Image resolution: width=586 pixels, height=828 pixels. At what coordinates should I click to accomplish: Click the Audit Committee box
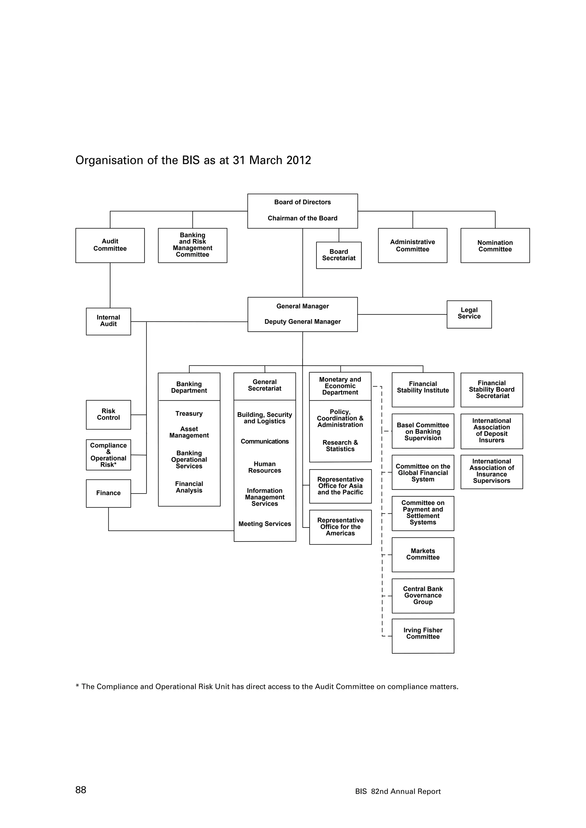click(x=110, y=245)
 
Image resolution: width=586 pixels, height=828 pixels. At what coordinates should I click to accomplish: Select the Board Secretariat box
click(x=338, y=255)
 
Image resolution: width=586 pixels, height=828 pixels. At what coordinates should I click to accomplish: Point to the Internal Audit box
click(x=108, y=321)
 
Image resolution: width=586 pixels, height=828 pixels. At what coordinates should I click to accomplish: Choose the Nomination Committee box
click(x=495, y=246)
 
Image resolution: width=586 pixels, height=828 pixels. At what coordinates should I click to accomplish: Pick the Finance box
click(x=108, y=493)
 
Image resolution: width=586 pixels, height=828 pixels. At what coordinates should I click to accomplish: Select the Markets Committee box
click(x=423, y=554)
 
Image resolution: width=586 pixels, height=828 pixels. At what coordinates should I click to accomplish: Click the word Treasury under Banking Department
click(x=189, y=414)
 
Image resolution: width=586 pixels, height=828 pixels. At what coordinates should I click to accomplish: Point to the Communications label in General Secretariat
click(x=264, y=441)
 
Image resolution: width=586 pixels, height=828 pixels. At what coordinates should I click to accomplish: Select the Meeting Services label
click(x=264, y=524)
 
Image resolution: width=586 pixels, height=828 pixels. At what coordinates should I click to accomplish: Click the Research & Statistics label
click(x=340, y=446)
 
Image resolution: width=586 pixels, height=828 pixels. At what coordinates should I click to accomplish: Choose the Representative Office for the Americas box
click(x=340, y=527)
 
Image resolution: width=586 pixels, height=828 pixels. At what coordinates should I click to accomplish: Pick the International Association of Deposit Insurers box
click(x=492, y=431)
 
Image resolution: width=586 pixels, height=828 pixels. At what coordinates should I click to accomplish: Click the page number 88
click(x=81, y=790)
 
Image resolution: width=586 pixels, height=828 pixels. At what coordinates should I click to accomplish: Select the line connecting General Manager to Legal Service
click(x=402, y=315)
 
